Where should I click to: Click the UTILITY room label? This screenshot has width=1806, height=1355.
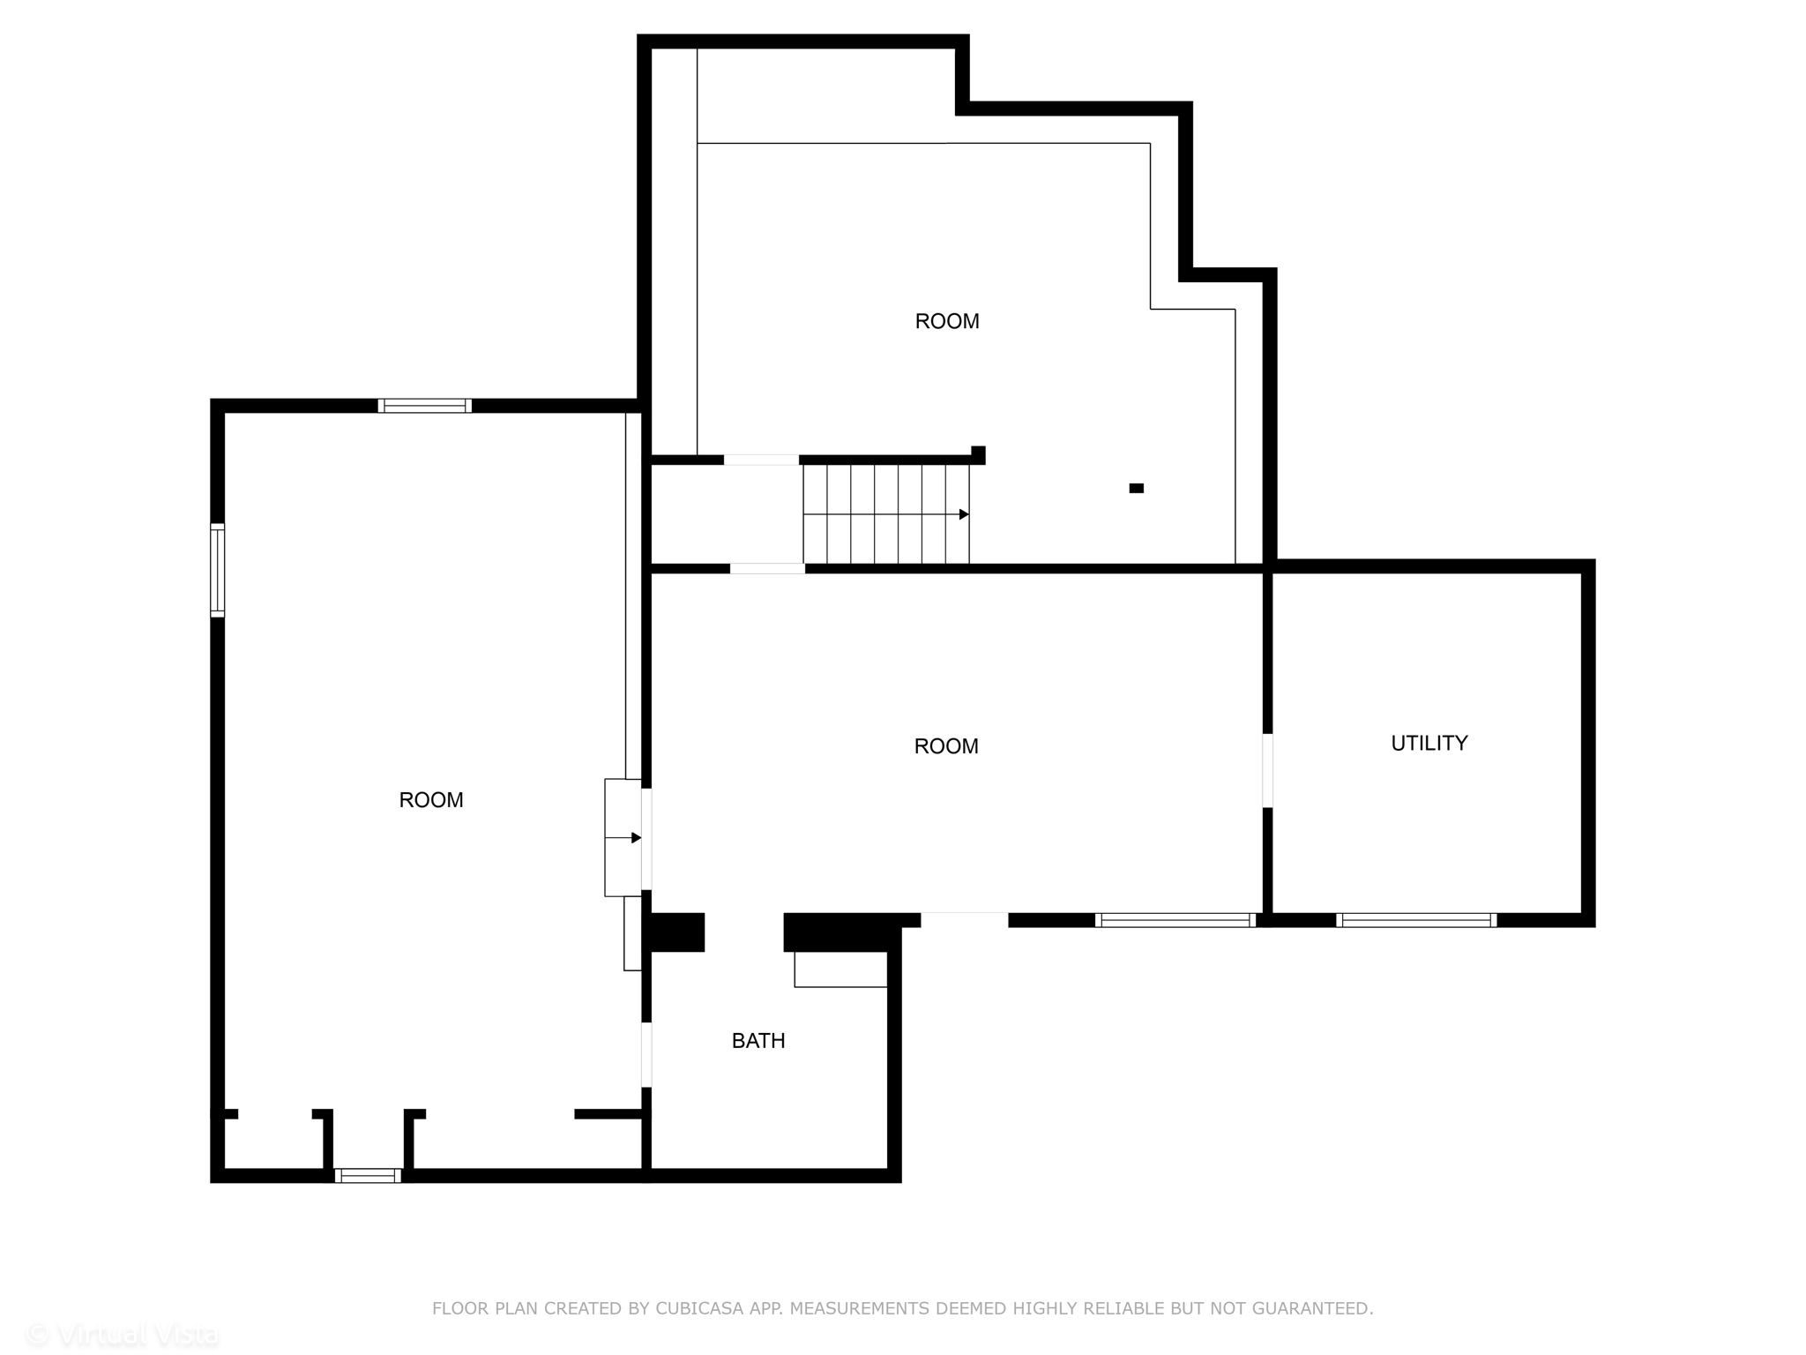click(1429, 743)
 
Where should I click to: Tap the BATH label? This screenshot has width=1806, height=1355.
click(758, 1040)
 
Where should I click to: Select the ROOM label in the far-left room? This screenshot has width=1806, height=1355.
click(430, 799)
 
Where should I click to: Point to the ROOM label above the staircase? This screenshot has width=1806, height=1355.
click(947, 321)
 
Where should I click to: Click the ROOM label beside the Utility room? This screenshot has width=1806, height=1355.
click(946, 746)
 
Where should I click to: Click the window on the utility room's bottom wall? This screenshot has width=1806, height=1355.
click(1416, 920)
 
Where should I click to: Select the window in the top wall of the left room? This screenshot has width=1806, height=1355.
click(425, 406)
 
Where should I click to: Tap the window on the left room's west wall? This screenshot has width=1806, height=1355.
click(217, 570)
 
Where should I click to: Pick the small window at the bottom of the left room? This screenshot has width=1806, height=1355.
click(368, 1175)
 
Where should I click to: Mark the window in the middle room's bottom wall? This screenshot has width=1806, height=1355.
click(1175, 920)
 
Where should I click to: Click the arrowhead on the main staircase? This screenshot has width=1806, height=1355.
click(964, 514)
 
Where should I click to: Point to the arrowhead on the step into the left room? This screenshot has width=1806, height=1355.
click(636, 837)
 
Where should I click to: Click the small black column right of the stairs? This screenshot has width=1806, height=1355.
click(1137, 488)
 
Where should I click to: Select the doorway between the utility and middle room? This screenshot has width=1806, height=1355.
click(1267, 770)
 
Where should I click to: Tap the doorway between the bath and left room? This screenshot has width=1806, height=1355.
click(646, 1054)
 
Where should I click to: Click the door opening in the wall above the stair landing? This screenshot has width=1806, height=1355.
click(761, 460)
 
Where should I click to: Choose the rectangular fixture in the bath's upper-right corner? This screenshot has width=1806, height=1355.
click(840, 969)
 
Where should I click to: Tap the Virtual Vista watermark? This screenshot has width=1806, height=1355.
click(123, 1335)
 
